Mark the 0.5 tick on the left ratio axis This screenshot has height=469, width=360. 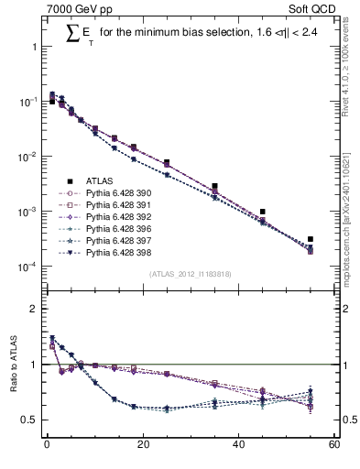click(x=31, y=420)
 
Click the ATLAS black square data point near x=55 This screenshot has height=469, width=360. click(x=311, y=239)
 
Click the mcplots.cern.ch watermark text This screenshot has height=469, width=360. click(x=349, y=215)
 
